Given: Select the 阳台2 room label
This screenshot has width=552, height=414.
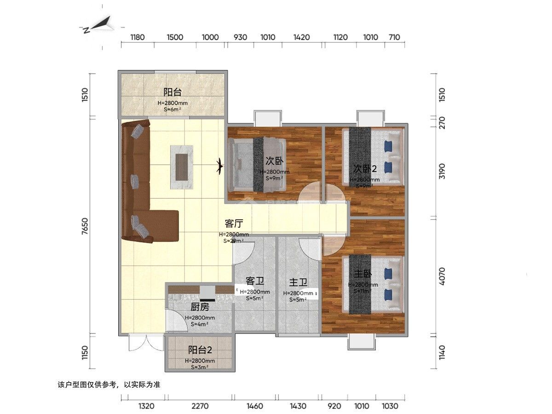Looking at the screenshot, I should tap(200, 350).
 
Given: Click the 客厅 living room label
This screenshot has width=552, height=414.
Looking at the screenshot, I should tap(234, 224).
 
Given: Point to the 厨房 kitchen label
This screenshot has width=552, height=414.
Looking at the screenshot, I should tap(200, 307).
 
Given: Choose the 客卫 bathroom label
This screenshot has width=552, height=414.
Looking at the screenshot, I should tap(254, 281).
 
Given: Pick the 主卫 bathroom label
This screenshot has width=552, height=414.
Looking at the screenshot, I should tap(298, 282).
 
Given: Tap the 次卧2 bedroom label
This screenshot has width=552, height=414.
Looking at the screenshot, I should tap(365, 168).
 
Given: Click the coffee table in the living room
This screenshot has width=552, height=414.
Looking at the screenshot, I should tap(183, 167).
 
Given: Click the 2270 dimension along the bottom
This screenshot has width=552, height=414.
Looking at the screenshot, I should tap(200, 406).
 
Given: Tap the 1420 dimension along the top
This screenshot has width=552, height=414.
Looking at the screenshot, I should tap(301, 37).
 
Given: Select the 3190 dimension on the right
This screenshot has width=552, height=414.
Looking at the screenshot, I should tap(442, 171).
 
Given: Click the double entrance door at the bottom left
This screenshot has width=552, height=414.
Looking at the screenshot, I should tap(146, 343).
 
